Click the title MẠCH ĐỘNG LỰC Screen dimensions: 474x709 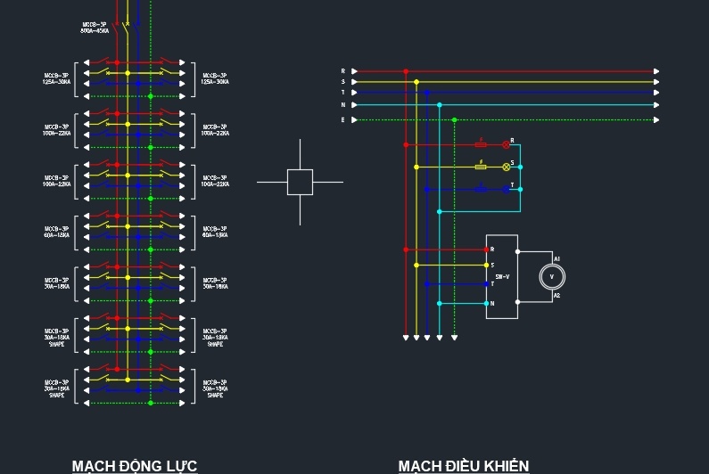click(x=134, y=465)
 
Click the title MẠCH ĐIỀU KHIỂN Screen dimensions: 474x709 click(x=463, y=465)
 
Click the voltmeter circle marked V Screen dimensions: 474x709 click(x=551, y=277)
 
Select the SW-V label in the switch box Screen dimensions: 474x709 click(x=502, y=277)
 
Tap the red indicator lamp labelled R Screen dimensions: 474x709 click(x=506, y=143)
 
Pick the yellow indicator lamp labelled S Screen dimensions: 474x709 click(x=506, y=167)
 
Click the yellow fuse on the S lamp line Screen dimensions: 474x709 click(x=481, y=167)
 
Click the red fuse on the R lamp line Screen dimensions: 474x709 click(x=481, y=143)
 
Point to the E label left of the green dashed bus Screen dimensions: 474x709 click(x=342, y=119)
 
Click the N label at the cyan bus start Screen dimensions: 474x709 click(x=342, y=105)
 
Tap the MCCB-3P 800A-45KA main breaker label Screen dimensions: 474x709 click(x=94, y=28)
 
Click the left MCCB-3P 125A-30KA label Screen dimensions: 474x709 click(x=57, y=78)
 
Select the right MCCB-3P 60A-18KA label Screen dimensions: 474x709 click(x=215, y=232)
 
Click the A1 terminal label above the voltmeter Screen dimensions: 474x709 click(x=557, y=258)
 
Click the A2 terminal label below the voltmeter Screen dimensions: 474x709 click(x=557, y=296)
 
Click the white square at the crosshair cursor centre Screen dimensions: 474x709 click(x=300, y=182)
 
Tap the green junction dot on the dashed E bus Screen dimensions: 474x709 click(x=454, y=119)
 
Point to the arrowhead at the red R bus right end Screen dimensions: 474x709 click(x=657, y=70)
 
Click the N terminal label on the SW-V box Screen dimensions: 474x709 click(x=491, y=304)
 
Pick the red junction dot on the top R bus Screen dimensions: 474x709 click(x=406, y=70)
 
